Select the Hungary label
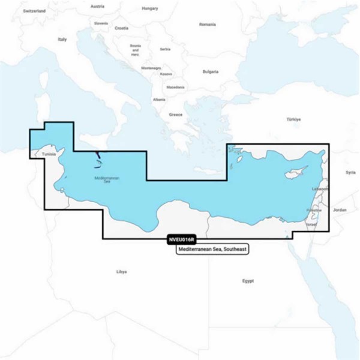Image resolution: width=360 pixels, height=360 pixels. [x=149, y=9]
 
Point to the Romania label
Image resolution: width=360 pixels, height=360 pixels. [x=207, y=25]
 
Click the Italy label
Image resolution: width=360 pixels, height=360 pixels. [x=61, y=39]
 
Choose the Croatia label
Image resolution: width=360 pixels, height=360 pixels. [x=122, y=28]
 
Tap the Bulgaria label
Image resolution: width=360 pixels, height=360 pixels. [x=210, y=71]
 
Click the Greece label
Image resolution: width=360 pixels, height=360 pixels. [x=176, y=114]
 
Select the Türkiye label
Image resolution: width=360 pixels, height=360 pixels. [x=293, y=120]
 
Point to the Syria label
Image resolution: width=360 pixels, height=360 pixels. [x=350, y=172]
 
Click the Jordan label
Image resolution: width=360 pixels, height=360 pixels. [x=340, y=210]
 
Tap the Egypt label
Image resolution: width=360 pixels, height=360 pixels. [x=248, y=280]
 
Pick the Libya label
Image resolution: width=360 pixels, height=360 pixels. [x=121, y=272]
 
